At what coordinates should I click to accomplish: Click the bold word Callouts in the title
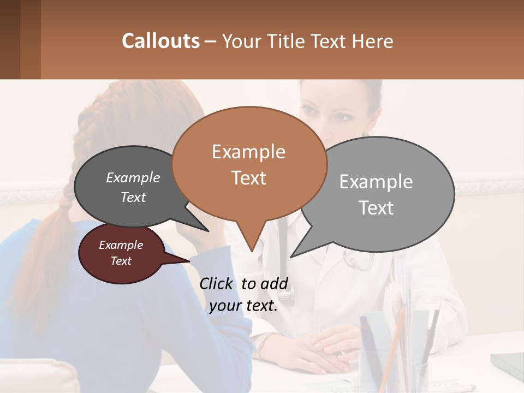click(x=160, y=41)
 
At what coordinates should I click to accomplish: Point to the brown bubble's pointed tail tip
click(x=252, y=249)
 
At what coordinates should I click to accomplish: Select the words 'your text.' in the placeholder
click(x=243, y=306)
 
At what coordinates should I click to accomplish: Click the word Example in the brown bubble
click(x=248, y=151)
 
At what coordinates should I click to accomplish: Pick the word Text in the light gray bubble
click(x=377, y=208)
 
